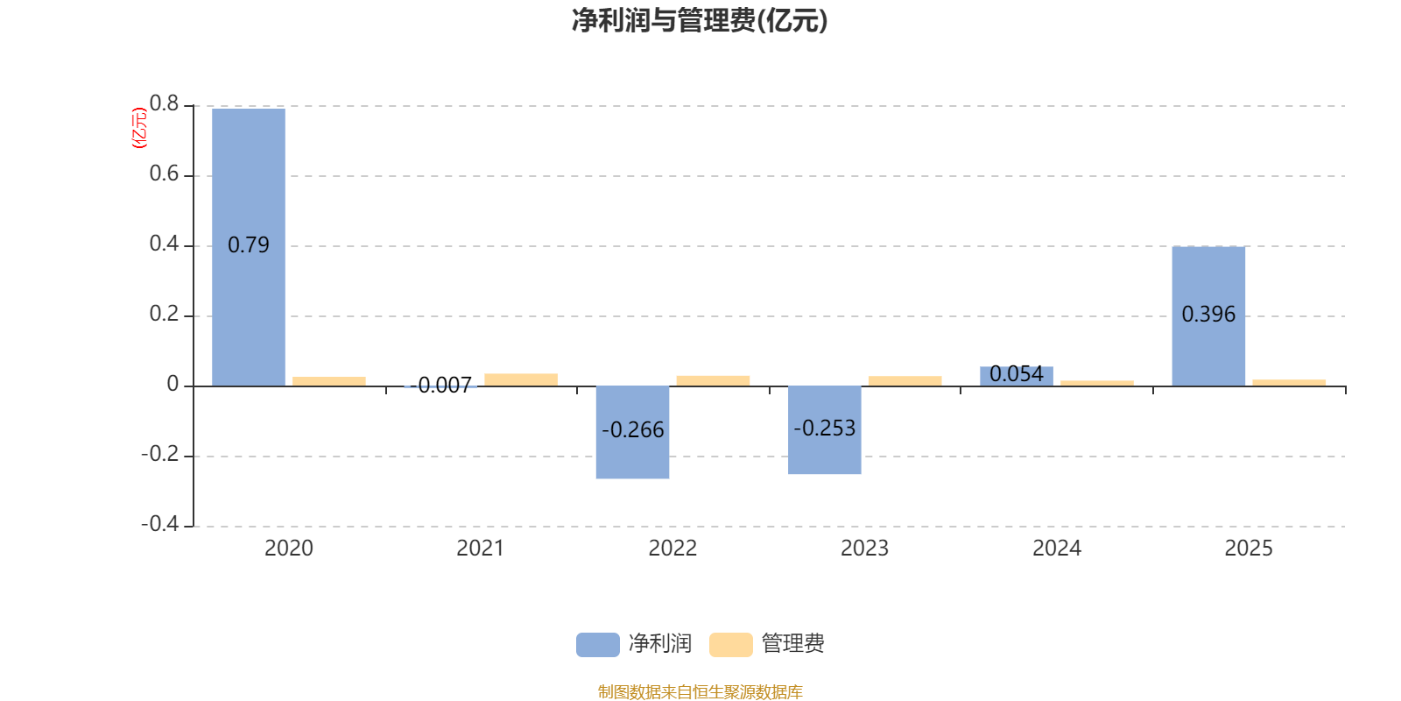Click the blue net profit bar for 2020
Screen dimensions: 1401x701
coord(249,247)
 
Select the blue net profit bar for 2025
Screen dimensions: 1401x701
coord(1208,316)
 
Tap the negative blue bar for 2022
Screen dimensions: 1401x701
coord(632,433)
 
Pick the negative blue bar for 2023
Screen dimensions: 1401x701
coord(824,430)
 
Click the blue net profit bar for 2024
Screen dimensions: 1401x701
coord(1017,376)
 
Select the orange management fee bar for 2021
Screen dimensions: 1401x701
coord(521,380)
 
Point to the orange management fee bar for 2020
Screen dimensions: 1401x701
coord(329,381)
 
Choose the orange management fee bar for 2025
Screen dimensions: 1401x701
coord(1289,383)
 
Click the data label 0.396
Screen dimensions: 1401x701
coord(1208,315)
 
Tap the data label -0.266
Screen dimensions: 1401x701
coord(632,430)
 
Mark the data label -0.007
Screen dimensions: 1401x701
coord(440,385)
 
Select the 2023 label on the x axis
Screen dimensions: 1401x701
coord(864,549)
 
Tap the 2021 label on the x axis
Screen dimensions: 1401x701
coord(481,549)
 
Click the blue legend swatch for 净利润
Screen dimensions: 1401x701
coord(598,645)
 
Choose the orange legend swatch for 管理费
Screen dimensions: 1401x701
coord(730,645)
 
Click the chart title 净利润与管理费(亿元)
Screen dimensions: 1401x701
coord(700,21)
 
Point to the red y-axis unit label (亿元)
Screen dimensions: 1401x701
coord(139,128)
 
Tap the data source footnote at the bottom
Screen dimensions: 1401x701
coord(700,691)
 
